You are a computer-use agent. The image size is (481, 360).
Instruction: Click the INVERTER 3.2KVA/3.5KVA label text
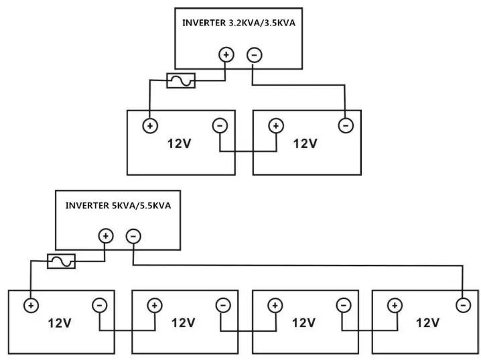(x=238, y=23)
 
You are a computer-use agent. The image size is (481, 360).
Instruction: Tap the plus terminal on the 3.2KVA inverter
(x=226, y=55)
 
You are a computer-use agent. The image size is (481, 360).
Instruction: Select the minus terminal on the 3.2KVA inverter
(x=253, y=55)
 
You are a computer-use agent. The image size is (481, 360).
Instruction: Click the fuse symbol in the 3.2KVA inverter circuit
(x=180, y=81)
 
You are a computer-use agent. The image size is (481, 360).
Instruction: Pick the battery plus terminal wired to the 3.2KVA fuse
(x=149, y=125)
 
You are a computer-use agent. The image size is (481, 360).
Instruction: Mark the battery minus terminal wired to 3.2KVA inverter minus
(x=345, y=125)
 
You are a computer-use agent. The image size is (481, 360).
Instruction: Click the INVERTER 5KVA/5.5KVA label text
(x=118, y=206)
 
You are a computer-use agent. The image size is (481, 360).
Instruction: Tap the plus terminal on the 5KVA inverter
(x=105, y=235)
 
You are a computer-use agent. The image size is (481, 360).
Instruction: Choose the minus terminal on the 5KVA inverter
(x=133, y=235)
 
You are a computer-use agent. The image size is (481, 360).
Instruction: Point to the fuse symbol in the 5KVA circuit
(x=61, y=261)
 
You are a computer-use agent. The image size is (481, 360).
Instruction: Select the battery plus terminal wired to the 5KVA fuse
(x=31, y=306)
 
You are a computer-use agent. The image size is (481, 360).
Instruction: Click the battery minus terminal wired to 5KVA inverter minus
(x=462, y=306)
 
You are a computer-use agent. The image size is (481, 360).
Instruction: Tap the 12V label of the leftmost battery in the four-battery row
(x=60, y=323)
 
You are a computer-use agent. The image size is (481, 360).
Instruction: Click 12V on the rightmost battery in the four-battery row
(x=427, y=323)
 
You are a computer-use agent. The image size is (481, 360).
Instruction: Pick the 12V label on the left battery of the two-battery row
(x=180, y=143)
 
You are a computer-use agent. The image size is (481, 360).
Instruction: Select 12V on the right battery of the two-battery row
(x=305, y=143)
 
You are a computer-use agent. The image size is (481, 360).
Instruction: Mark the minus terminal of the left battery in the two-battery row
(x=220, y=125)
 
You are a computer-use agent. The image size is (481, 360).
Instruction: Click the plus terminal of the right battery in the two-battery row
(x=275, y=125)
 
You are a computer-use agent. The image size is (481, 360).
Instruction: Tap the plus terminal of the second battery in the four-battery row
(x=154, y=306)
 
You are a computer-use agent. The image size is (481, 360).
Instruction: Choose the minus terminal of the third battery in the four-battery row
(x=342, y=306)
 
